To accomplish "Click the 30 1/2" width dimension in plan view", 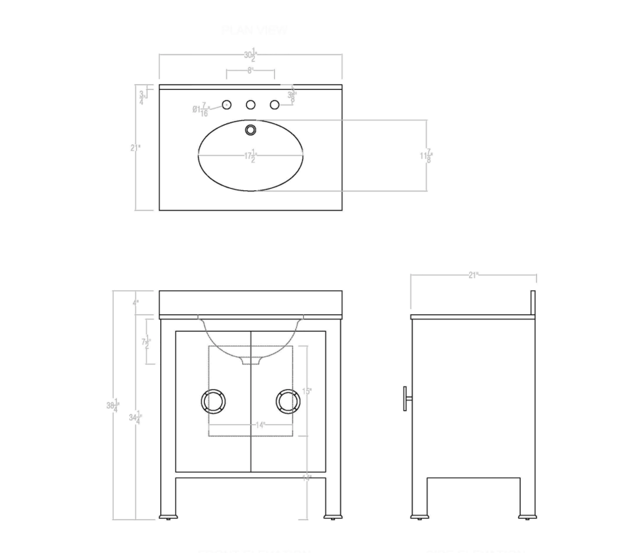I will (250, 55).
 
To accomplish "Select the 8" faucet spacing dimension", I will (250, 71).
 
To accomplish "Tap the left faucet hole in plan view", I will (227, 105).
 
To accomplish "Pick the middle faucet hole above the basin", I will (251, 105).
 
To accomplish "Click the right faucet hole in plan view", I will (274, 105).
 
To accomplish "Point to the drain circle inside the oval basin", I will (251, 130).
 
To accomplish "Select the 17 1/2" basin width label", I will (251, 156).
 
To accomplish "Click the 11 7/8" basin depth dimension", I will (426, 156).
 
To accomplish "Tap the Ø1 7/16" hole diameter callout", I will (201, 109).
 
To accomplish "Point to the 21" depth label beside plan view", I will (135, 148).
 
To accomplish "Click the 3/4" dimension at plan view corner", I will (141, 97).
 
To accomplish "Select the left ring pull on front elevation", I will (213, 401).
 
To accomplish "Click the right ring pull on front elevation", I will (288, 401).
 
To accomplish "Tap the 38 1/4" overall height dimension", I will (113, 405).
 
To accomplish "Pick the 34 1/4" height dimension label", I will (135, 418).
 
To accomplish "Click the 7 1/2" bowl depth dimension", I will (146, 342).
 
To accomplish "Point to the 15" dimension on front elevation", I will (307, 391).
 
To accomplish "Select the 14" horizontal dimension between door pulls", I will (259, 425).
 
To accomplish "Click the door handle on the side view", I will (407, 399).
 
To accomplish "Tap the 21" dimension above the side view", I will (473, 275).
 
